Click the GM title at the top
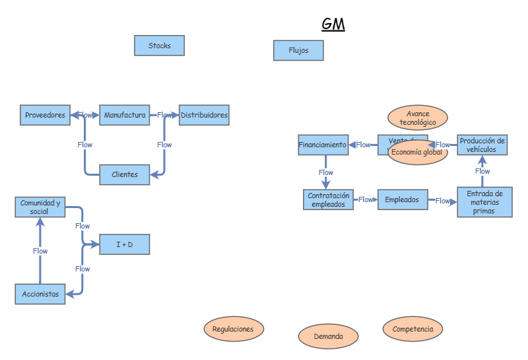point(333,24)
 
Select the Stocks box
point(159,46)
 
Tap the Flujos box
point(298,50)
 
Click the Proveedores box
point(45,115)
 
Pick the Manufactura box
point(125,115)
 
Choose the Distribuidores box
point(204,115)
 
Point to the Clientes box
point(125,174)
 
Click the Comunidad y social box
point(40,207)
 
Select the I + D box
point(124,244)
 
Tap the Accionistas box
point(40,294)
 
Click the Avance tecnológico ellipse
point(417,118)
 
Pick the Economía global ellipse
point(417,152)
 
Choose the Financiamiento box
point(323,145)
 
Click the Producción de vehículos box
point(482,145)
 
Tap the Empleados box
point(402,199)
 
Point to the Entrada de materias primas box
point(484,202)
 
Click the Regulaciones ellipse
point(234,328)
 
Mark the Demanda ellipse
point(328,336)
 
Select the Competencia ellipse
point(412,328)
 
